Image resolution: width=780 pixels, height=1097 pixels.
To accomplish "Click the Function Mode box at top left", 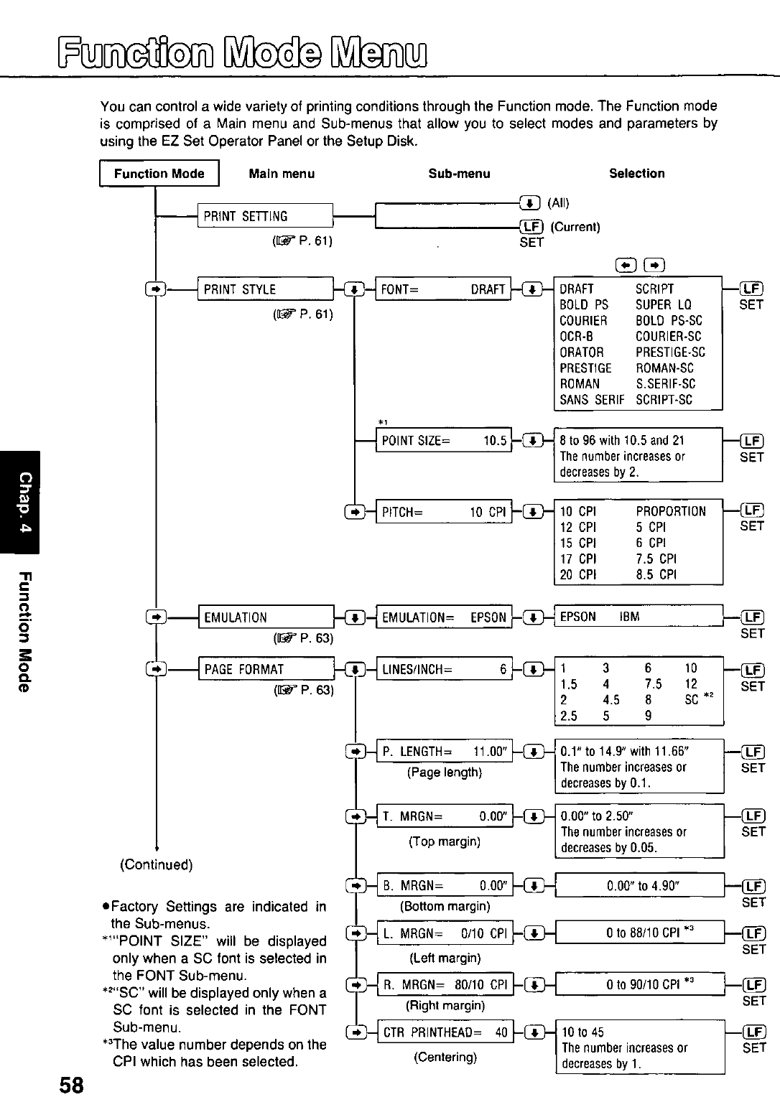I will pyautogui.click(x=159, y=174).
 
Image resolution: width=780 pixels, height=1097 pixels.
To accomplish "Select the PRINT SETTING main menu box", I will pyautogui.click(x=265, y=216).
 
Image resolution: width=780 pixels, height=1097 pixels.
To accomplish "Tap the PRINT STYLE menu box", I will pyautogui.click(x=265, y=289).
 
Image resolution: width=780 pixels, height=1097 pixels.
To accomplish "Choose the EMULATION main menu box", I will pyautogui.click(x=266, y=617).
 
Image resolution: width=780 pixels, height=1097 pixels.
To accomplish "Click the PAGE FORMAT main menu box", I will pyautogui.click(x=266, y=670).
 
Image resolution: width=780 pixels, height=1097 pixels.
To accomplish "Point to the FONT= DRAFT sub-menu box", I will pyautogui.click(x=443, y=289).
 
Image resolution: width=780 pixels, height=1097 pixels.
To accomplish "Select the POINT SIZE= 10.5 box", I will pyautogui.click(x=444, y=441).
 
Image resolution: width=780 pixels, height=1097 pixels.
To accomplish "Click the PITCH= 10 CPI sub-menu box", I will pyautogui.click(x=444, y=512).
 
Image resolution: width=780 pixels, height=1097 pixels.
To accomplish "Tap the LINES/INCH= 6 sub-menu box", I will pyautogui.click(x=444, y=670).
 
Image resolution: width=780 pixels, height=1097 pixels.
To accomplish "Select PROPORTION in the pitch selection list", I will pyautogui.click(x=671, y=512).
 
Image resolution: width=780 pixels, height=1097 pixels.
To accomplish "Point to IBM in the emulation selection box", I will pyautogui.click(x=629, y=617).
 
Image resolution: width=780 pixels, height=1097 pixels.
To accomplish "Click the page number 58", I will pyautogui.click(x=72, y=1084).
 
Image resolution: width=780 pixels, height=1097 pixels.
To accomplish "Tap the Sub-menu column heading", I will pyautogui.click(x=459, y=174).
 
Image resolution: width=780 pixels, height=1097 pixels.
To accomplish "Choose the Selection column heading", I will pyautogui.click(x=636, y=174).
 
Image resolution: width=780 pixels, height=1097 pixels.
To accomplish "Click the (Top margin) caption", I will pyautogui.click(x=445, y=841).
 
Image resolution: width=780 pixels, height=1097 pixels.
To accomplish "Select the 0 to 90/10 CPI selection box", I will pyautogui.click(x=640, y=984).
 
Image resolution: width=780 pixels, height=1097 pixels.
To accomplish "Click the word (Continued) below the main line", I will pyautogui.click(x=156, y=864).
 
